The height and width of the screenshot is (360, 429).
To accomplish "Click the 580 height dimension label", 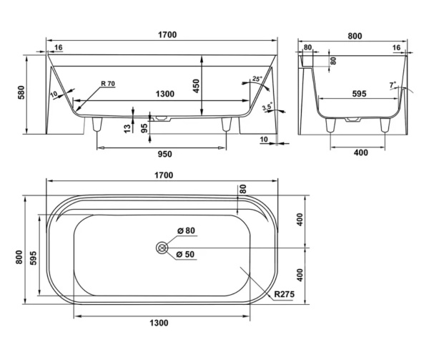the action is (x=21, y=92).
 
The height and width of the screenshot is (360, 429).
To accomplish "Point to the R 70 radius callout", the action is (x=108, y=84).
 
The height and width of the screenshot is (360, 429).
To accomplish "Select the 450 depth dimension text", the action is (x=196, y=86).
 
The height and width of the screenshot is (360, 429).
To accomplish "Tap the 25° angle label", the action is (x=257, y=79).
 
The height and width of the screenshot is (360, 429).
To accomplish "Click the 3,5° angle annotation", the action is (x=267, y=107).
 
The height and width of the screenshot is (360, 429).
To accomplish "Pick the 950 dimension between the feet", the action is (x=165, y=154).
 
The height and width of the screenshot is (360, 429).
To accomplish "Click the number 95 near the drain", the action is (x=144, y=128).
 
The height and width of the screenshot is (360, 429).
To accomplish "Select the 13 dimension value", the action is (x=127, y=129).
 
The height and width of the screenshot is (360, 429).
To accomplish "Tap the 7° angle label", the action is (x=393, y=85).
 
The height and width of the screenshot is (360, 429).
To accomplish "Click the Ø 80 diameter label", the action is (x=186, y=230).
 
